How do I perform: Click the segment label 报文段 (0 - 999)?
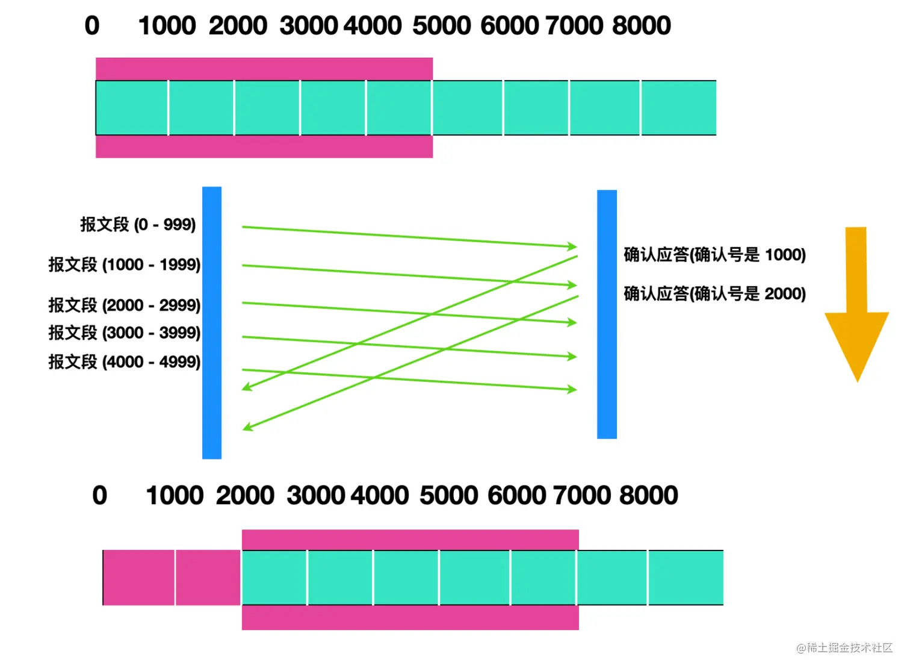[x=138, y=225]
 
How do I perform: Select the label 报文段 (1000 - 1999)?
[x=125, y=264]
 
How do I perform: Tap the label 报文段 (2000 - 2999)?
[x=125, y=305]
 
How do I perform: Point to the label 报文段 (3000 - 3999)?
[x=125, y=332]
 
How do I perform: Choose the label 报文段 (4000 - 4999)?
[x=125, y=362]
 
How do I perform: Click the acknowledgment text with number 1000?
[x=714, y=255]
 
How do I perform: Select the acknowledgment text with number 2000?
[x=714, y=294]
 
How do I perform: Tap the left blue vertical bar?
[x=212, y=323]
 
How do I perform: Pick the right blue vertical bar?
[x=607, y=314]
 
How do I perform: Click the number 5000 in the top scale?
[x=441, y=26]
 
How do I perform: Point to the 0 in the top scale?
[x=92, y=26]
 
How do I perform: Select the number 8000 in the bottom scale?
[x=648, y=496]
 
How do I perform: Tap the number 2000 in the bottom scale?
[x=245, y=496]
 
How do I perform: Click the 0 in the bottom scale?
[x=100, y=496]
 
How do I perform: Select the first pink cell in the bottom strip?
[x=139, y=578]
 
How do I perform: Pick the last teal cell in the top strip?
[x=678, y=108]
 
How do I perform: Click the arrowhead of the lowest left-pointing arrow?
[x=246, y=428]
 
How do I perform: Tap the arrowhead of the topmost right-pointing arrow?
[x=572, y=246]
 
